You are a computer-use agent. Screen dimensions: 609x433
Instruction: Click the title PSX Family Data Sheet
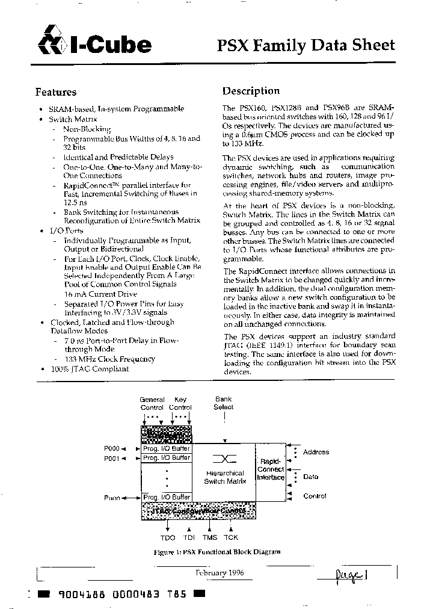306,45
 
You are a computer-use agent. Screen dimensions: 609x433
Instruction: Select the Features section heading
56,92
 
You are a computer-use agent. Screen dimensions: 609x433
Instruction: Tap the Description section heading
251,91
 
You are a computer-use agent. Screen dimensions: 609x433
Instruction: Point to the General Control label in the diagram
152,403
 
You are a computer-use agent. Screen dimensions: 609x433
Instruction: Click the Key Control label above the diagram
180,403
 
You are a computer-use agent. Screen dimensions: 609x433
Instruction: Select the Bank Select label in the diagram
224,403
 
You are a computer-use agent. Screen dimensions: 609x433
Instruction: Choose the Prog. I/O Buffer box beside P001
166,458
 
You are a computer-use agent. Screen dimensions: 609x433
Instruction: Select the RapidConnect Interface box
270,469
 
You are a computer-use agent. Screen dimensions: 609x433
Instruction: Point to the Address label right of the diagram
316,452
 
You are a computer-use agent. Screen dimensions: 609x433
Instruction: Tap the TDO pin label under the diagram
168,537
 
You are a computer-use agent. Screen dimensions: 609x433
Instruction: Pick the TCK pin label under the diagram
231,537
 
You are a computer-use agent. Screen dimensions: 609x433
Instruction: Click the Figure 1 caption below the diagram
216,552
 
